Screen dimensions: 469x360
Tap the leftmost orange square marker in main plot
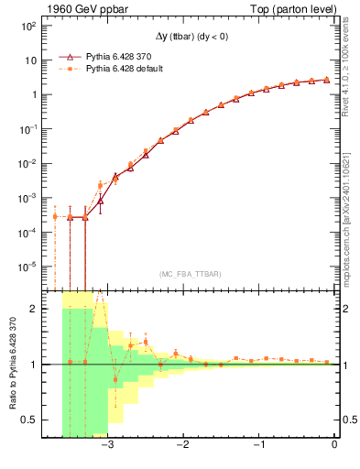click(55, 216)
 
